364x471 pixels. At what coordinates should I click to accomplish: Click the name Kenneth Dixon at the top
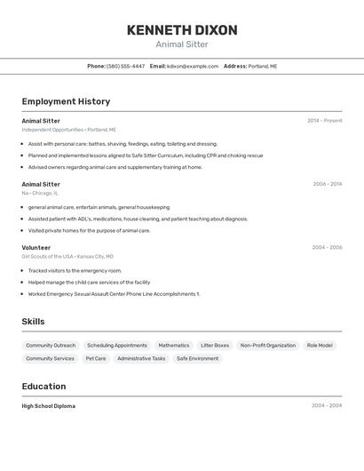pyautogui.click(x=182, y=30)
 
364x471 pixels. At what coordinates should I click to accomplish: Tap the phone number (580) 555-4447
pyautogui.click(x=125, y=66)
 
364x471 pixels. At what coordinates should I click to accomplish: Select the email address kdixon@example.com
pyautogui.click(x=193, y=66)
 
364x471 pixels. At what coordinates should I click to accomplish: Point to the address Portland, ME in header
pyautogui.click(x=262, y=66)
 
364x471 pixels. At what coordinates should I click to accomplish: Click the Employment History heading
pyautogui.click(x=66, y=101)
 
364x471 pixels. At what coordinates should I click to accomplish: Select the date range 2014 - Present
pyautogui.click(x=324, y=121)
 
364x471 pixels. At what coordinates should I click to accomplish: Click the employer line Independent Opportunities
pyautogui.click(x=68, y=130)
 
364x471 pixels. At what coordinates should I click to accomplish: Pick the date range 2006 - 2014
pyautogui.click(x=327, y=184)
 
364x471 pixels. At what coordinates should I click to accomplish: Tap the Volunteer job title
pyautogui.click(x=36, y=248)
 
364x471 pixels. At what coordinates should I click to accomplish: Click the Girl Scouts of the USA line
pyautogui.click(x=67, y=257)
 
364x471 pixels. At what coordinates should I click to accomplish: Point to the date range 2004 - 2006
pyautogui.click(x=327, y=248)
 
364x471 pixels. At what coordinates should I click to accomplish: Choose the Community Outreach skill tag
pyautogui.click(x=51, y=345)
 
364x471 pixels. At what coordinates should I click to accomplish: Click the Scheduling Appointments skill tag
pyautogui.click(x=117, y=345)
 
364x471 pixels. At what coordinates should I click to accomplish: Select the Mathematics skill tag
pyautogui.click(x=174, y=345)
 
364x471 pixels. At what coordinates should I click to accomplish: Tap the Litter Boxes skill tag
pyautogui.click(x=215, y=345)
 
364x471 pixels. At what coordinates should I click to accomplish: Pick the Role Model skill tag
pyautogui.click(x=320, y=345)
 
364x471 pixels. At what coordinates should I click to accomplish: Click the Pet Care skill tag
pyautogui.click(x=95, y=358)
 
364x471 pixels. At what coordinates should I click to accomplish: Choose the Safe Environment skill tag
pyautogui.click(x=197, y=358)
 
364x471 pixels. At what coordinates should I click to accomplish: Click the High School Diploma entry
pyautogui.click(x=49, y=406)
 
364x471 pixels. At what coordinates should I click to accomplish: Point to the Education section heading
pyautogui.click(x=44, y=387)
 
